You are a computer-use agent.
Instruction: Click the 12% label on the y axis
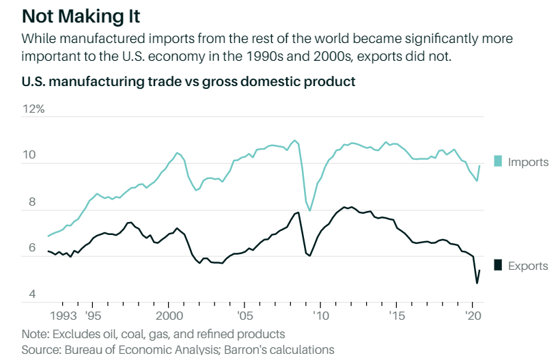33,109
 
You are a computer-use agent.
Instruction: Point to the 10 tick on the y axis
29,156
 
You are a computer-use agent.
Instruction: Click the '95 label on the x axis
94,316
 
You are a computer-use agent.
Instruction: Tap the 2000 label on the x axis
169,316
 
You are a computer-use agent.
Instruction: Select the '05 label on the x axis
245,316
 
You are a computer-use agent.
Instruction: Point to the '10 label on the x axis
320,316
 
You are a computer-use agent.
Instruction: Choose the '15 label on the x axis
396,316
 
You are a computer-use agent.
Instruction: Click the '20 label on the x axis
472,316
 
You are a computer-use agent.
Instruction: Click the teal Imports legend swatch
498,162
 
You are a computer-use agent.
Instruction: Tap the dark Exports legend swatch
498,265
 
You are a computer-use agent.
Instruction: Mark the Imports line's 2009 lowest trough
310,210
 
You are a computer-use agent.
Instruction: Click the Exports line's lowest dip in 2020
476,283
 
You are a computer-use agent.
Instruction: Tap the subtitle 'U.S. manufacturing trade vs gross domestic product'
189,82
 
